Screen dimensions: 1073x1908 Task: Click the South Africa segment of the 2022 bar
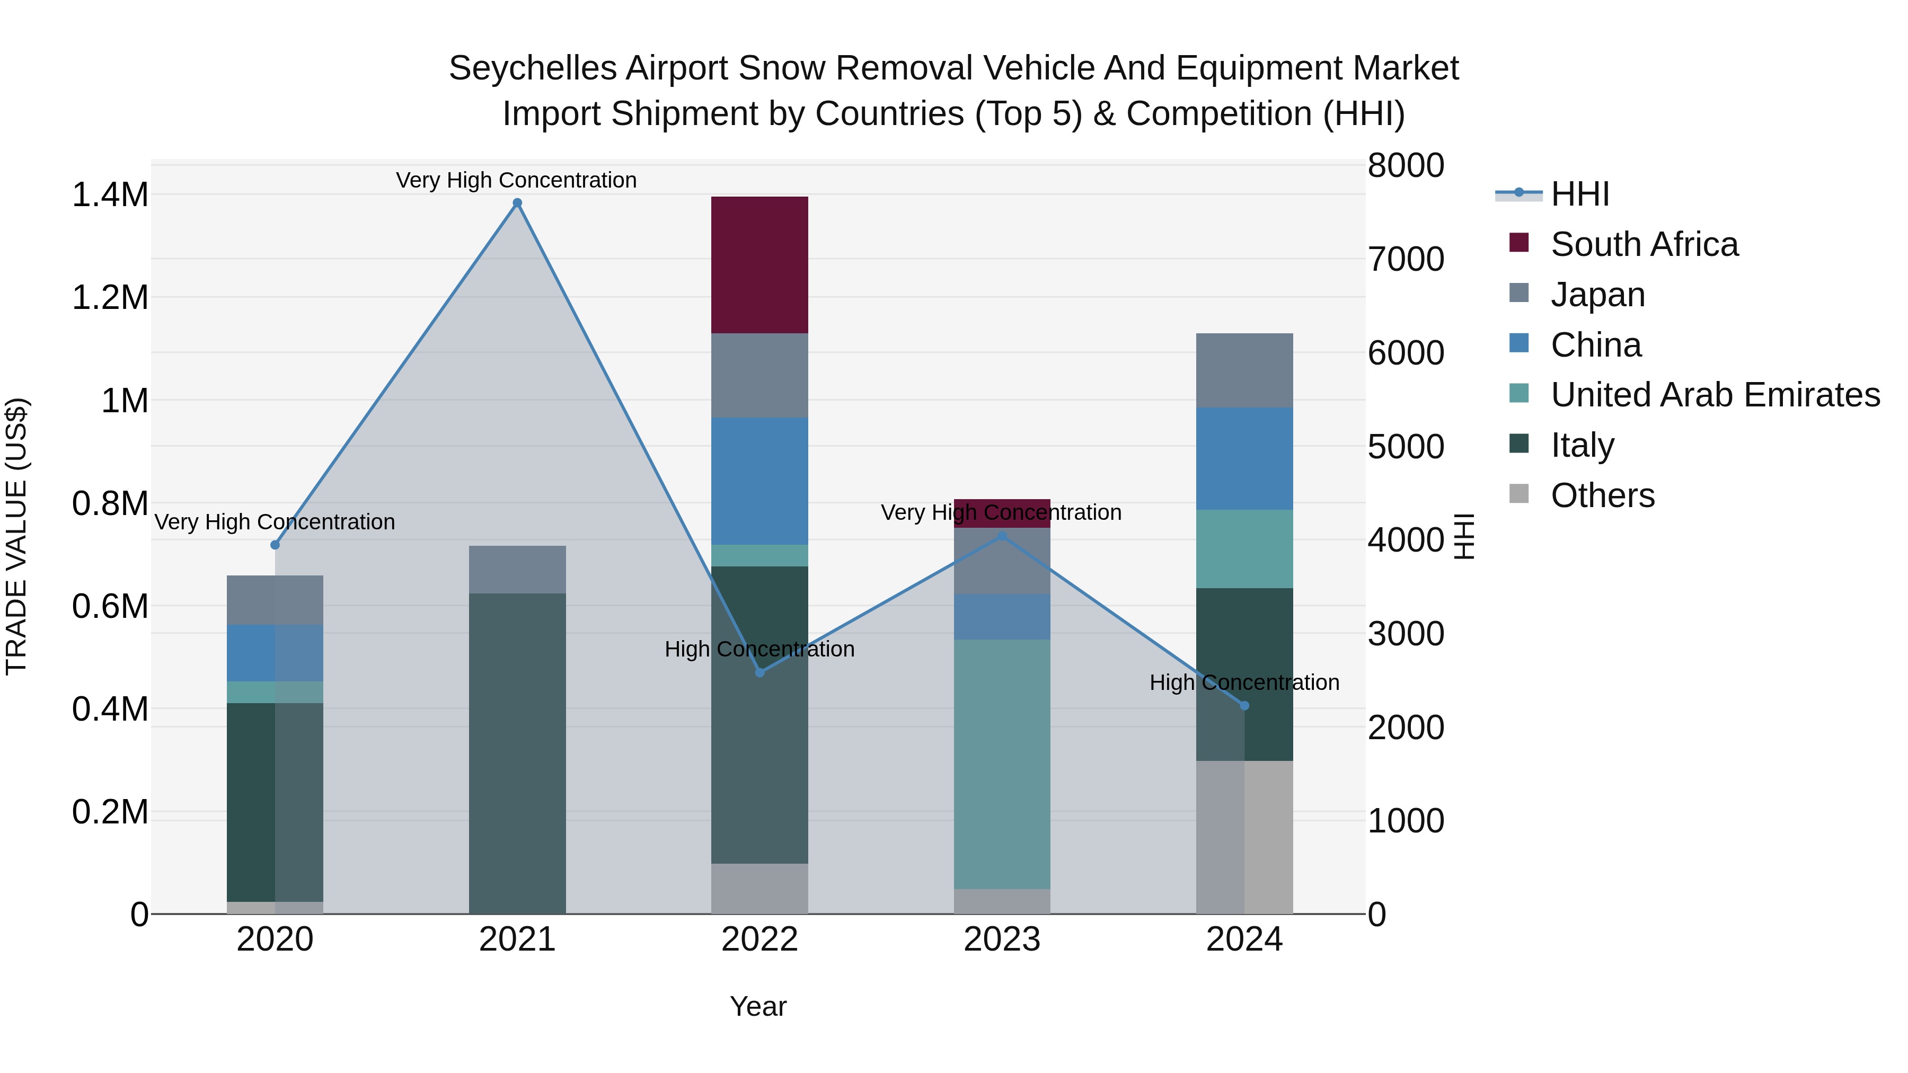coord(759,264)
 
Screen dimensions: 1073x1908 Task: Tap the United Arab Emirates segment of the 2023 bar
coord(1001,762)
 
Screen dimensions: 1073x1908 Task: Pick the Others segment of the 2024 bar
coord(1244,837)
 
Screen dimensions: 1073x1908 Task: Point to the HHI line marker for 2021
coord(517,203)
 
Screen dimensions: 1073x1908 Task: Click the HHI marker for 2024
coord(1244,706)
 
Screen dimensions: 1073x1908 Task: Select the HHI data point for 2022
coord(759,672)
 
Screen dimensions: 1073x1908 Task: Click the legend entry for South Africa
coord(1644,244)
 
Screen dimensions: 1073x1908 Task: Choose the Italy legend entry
coord(1582,445)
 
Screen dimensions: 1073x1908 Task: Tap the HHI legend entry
coord(1580,194)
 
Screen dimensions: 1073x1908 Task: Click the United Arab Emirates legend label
coord(1715,395)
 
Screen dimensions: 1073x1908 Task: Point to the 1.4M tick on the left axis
coord(110,195)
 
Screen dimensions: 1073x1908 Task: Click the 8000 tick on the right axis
coord(1405,165)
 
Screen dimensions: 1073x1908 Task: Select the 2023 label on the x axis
coord(1001,939)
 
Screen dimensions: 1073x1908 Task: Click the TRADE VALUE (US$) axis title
coord(16,536)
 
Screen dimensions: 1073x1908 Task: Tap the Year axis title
coord(758,1006)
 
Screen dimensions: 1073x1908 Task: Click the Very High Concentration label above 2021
coord(516,180)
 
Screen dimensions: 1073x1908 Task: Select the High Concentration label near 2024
coord(1244,682)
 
